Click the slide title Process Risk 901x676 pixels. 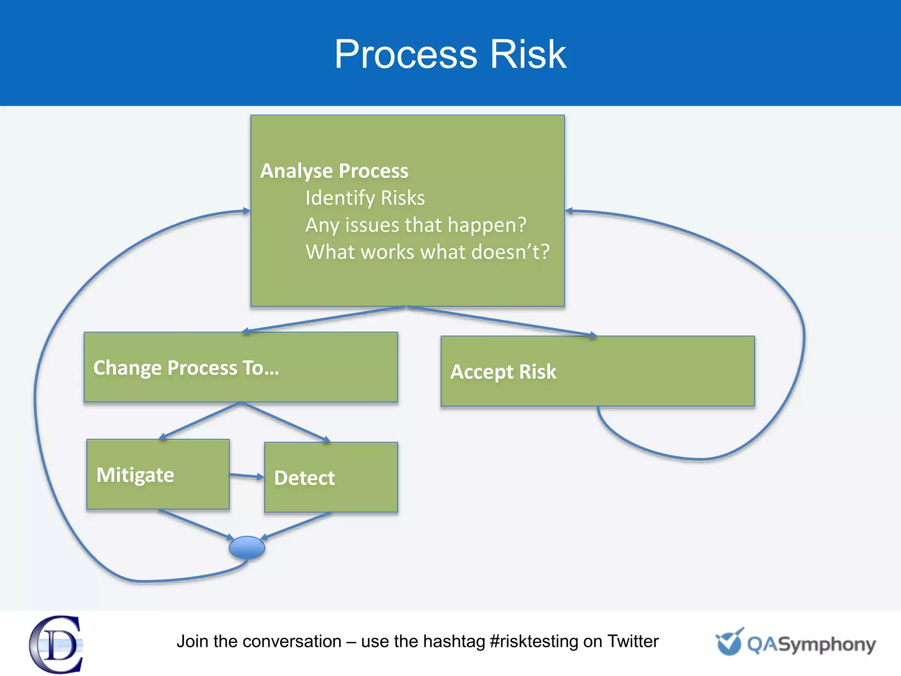(450, 55)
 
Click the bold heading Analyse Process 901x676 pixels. (334, 171)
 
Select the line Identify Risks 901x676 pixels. (365, 198)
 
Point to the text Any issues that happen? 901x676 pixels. (416, 225)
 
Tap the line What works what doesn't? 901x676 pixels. (427, 252)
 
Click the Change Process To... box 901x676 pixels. (241, 367)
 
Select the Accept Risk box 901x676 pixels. (597, 371)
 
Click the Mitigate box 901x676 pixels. (158, 474)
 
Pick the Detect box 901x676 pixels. (331, 478)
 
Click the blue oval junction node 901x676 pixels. (247, 547)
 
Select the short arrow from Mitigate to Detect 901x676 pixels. (246, 476)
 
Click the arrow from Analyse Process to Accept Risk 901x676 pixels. (502, 321)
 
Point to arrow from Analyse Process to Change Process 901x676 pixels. (323, 319)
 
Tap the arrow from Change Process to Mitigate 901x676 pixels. (200, 421)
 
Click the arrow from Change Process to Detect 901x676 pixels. (285, 422)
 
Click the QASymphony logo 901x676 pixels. (795, 643)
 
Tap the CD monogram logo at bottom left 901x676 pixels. (56, 644)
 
